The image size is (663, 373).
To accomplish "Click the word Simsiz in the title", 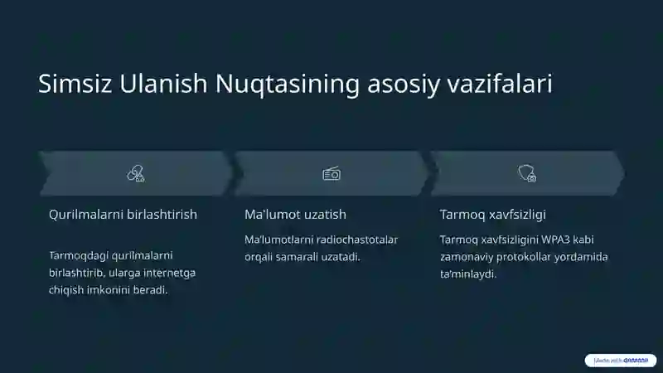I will point(75,85).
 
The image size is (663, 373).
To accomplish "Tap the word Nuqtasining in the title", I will point(288,85).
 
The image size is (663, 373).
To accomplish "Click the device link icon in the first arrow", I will point(135,173).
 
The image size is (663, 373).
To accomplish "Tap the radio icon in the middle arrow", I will point(331,173).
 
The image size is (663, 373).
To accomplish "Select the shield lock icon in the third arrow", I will point(526,173).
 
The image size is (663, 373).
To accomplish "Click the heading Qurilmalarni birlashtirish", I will point(123,215).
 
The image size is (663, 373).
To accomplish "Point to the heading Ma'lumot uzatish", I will point(295,215).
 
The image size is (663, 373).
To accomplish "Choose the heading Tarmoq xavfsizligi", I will point(492,215).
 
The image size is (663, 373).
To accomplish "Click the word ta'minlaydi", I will point(468,274).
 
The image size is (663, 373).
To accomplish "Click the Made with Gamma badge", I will point(621,361).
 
